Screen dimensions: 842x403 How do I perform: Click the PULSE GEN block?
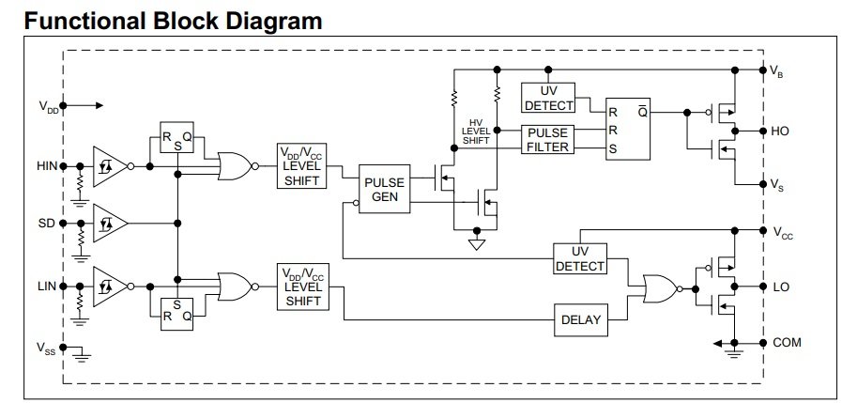click(385, 189)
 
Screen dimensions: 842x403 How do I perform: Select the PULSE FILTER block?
click(548, 140)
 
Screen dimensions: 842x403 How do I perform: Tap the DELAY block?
click(581, 319)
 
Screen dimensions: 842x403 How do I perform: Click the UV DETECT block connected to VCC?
click(580, 258)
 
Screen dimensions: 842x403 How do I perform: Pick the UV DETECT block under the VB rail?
click(548, 98)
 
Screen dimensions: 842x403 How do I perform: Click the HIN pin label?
click(47, 166)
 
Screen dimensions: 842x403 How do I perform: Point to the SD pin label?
click(47, 223)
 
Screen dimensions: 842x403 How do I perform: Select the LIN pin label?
click(47, 286)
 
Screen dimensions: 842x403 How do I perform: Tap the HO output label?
click(780, 132)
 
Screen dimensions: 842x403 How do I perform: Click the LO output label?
click(781, 287)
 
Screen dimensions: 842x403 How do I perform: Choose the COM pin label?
click(787, 342)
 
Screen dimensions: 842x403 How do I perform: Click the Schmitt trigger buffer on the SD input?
click(110, 223)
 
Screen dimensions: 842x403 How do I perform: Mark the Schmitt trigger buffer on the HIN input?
click(110, 166)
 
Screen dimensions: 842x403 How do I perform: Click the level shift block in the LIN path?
click(303, 287)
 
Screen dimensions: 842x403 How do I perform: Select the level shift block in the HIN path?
click(303, 166)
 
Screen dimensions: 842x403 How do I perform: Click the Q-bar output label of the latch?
click(642, 113)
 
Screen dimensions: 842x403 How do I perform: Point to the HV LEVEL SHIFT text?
click(476, 132)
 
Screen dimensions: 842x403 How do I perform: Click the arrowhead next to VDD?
click(99, 106)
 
